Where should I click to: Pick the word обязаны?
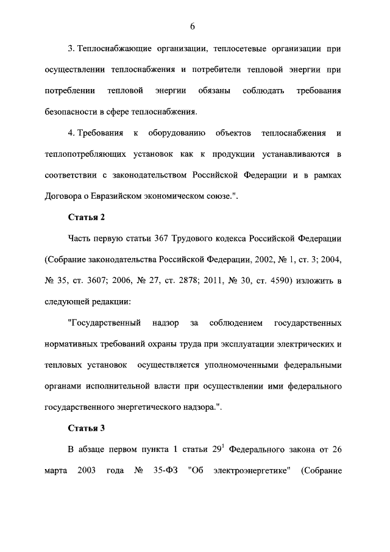click(214, 91)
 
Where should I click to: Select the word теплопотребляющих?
click(90, 154)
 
